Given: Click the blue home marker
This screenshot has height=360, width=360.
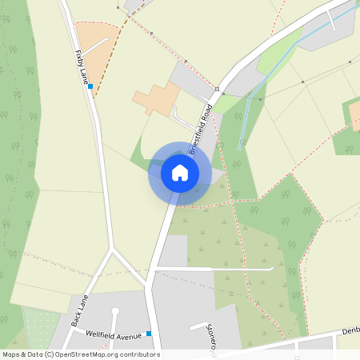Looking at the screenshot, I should pos(180,172).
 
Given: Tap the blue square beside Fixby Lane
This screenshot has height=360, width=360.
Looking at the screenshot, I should pos(90,86).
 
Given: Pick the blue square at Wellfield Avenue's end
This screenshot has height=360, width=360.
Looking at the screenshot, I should pos(149,333).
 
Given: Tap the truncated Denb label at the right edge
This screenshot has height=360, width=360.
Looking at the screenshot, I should pos(350,330).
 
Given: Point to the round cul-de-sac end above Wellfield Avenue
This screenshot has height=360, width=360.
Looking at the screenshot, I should pos(115,310).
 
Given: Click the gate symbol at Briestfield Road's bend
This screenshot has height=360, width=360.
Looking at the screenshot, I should pos(217,89).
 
